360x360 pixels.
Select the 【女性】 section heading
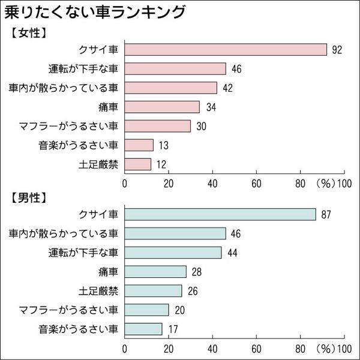pyautogui.click(x=29, y=34)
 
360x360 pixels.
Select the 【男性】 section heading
pyautogui.click(x=29, y=197)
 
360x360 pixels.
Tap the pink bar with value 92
pyautogui.click(x=226, y=50)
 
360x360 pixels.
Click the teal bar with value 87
pyautogui.click(x=220, y=214)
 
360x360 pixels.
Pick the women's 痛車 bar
pyautogui.click(x=162, y=107)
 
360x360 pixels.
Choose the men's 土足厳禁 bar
pyautogui.click(x=153, y=290)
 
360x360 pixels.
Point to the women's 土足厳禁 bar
pyautogui.click(x=138, y=164)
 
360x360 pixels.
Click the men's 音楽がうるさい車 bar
pyautogui.click(x=143, y=329)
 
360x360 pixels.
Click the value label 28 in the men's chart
pyautogui.click(x=196, y=272)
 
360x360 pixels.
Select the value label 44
pyautogui.click(x=232, y=253)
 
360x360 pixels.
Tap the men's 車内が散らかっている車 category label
pyautogui.click(x=64, y=233)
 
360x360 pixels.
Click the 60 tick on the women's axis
pyautogui.click(x=256, y=183)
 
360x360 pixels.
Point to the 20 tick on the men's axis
pyautogui.click(x=169, y=348)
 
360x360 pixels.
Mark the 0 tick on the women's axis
pyautogui.click(x=125, y=183)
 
